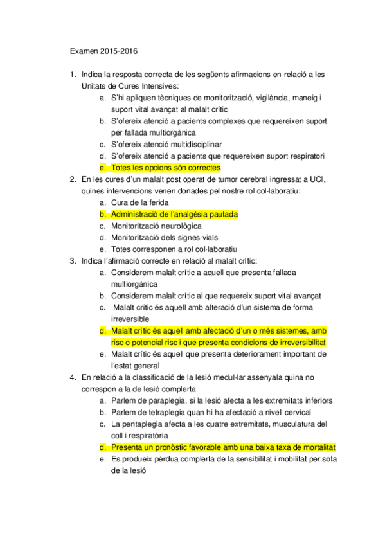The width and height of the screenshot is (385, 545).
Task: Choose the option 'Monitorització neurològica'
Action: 156,226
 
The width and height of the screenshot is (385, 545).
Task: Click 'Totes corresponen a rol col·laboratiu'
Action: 174,249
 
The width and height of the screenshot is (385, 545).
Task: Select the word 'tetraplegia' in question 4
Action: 168,412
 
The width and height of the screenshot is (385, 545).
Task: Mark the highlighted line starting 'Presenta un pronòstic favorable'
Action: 224,447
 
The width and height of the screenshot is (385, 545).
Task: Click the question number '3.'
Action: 73,260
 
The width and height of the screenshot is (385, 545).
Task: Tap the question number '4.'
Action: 73,377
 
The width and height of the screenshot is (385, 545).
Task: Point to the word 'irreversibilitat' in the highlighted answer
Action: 296,342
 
